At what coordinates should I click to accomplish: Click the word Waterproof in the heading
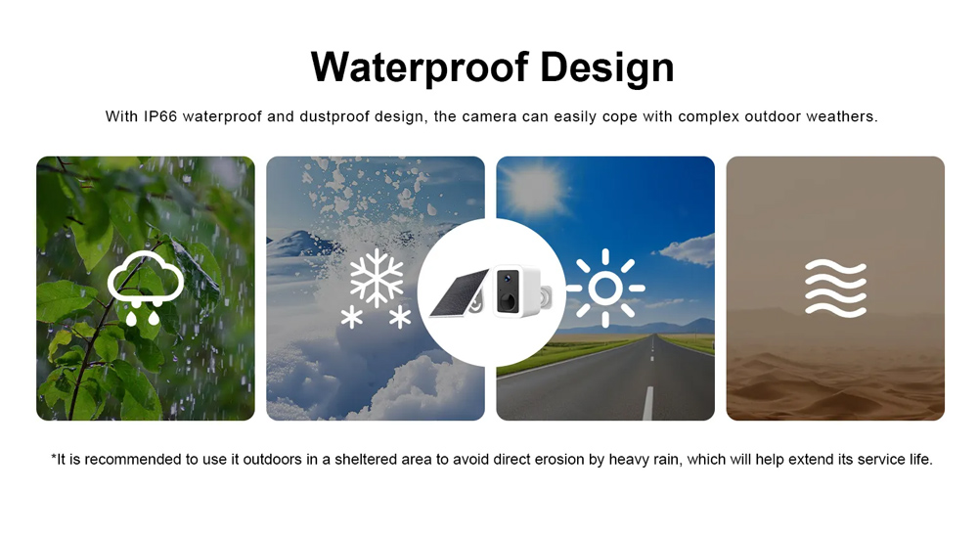(420, 67)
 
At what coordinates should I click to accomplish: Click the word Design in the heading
(607, 67)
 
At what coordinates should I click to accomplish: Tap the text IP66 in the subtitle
(160, 116)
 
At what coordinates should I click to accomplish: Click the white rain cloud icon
(146, 288)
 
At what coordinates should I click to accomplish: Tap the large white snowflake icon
(377, 279)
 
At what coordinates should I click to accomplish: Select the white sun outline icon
(605, 289)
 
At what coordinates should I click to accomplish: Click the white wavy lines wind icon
(836, 289)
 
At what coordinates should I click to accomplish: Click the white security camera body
(516, 290)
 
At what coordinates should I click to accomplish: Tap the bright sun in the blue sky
(533, 189)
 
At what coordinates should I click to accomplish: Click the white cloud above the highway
(687, 249)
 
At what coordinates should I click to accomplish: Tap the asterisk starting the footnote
(54, 458)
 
